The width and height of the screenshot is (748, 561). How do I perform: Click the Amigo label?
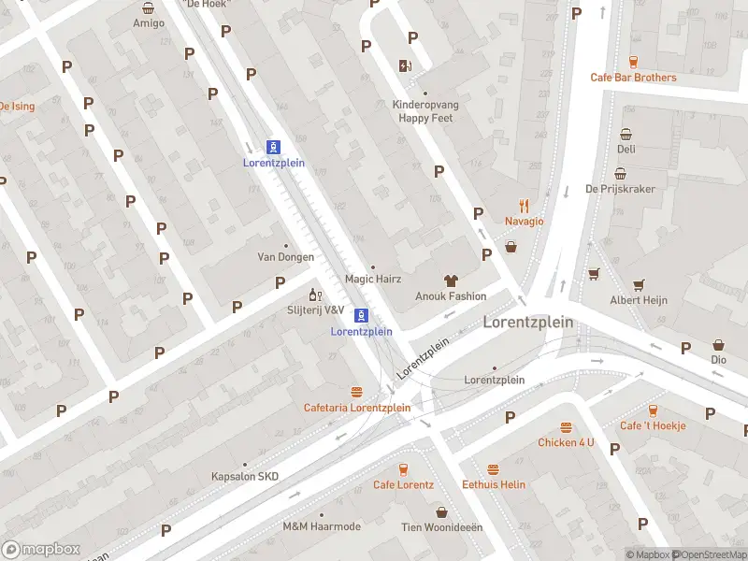[149, 22]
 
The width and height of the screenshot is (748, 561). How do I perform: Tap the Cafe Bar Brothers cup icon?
[633, 62]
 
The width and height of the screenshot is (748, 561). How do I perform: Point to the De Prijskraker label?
[620, 189]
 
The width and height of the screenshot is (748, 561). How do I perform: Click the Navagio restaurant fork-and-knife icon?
[525, 206]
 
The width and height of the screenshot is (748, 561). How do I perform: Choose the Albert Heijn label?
[640, 300]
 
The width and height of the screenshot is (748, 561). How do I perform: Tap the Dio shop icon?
[718, 344]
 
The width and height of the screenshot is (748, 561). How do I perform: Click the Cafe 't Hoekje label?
[653, 425]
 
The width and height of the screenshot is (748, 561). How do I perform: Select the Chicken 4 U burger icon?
[566, 426]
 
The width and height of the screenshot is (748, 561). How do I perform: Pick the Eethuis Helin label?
[494, 484]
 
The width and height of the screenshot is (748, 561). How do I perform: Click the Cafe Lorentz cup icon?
[404, 469]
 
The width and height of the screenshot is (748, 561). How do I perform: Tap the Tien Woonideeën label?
[442, 527]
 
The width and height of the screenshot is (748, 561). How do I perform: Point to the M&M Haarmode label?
[322, 526]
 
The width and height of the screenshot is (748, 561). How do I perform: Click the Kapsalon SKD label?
[246, 477]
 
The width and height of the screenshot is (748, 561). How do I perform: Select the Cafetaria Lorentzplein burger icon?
[356, 392]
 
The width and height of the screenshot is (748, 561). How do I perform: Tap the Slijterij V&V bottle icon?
[316, 295]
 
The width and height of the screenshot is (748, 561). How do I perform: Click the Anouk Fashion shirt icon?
[451, 280]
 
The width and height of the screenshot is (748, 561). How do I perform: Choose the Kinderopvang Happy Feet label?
[426, 112]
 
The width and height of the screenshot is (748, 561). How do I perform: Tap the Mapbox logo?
[40, 550]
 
